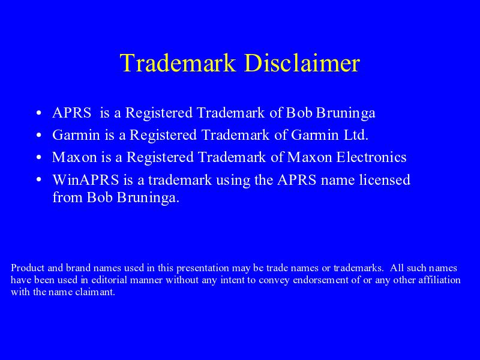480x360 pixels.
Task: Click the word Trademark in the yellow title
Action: (178, 63)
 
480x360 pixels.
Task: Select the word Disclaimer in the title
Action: (302, 63)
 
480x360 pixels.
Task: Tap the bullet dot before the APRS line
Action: (38, 113)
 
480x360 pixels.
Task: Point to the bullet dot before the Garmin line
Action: (38, 136)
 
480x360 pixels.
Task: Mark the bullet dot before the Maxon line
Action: (38, 158)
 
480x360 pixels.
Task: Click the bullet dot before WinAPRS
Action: (38, 180)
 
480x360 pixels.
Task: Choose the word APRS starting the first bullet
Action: (72, 113)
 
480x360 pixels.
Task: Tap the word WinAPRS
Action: (86, 179)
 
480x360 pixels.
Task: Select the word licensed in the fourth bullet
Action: (385, 179)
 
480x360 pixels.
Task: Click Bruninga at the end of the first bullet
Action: (346, 113)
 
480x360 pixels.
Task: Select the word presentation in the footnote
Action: (203, 268)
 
